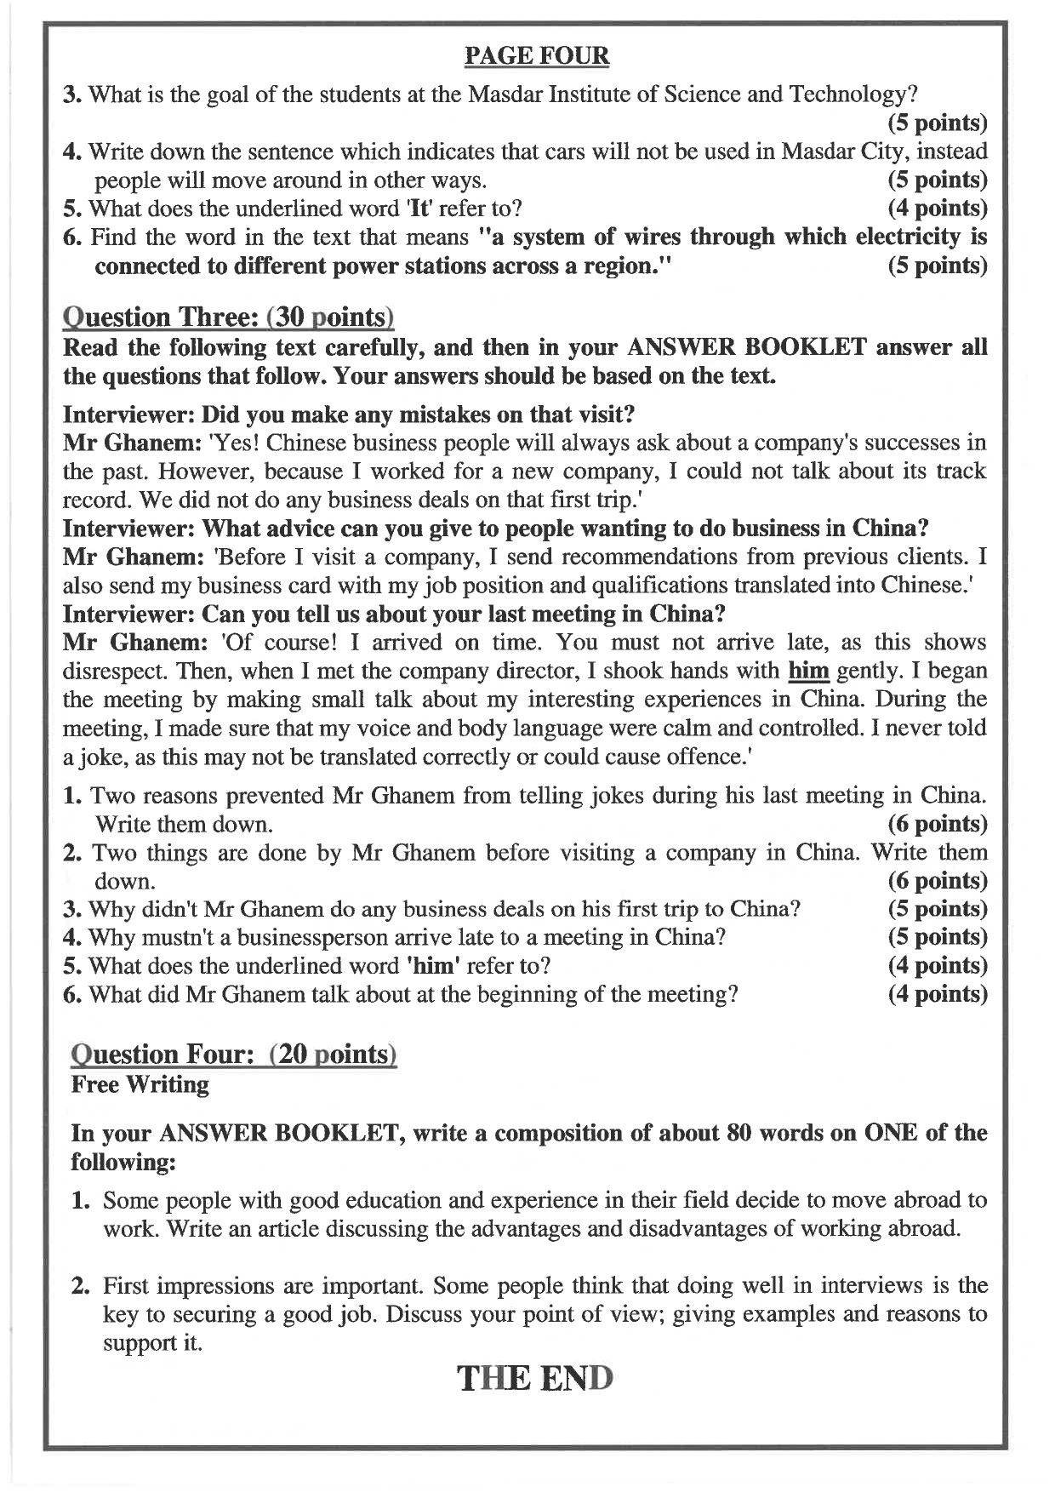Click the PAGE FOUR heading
[537, 56]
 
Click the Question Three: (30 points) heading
[229, 317]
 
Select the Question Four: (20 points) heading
[234, 1054]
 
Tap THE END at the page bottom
[536, 1378]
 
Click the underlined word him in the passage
[808, 671]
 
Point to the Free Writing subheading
[140, 1084]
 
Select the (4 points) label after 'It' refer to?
[937, 208]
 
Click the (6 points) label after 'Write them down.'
[937, 824]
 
